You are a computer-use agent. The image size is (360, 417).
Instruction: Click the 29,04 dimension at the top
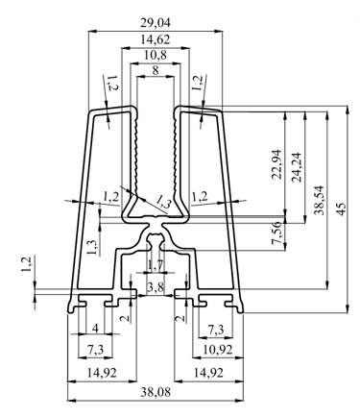tap(156, 23)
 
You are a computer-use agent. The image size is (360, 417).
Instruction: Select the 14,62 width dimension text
tap(156, 39)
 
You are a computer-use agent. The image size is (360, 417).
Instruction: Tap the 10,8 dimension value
tap(156, 56)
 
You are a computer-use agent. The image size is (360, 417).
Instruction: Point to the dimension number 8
tap(156, 70)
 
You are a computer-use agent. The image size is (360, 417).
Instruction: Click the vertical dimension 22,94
tap(276, 164)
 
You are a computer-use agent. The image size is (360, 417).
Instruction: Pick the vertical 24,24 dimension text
tap(298, 167)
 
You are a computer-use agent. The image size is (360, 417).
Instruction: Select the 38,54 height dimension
tap(319, 200)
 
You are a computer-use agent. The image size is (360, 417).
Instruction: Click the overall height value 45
tap(342, 208)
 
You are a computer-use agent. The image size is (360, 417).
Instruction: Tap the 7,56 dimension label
tap(276, 233)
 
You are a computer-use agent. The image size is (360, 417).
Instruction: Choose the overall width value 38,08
tap(156, 392)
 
